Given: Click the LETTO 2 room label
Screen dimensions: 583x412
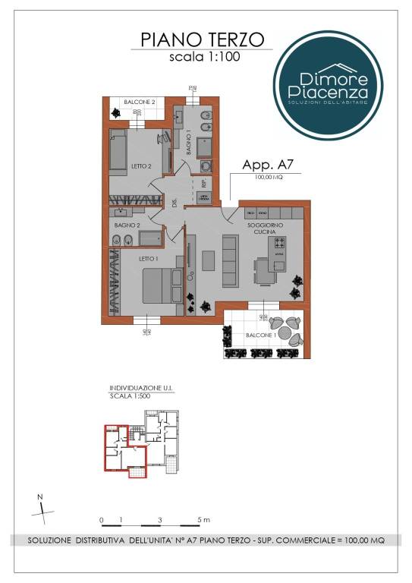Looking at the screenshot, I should point(141,165).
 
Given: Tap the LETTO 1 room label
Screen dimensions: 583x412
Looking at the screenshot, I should point(147,258).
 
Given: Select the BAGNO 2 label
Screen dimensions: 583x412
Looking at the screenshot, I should point(127,225).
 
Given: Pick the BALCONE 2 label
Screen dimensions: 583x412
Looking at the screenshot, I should point(140,102).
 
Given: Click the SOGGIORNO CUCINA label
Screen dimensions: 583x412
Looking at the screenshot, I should point(263,229).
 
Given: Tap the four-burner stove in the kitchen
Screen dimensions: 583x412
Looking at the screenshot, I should point(279,244).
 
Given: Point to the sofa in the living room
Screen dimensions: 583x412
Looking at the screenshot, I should point(230,258).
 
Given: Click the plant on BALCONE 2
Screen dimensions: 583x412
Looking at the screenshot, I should point(115,112).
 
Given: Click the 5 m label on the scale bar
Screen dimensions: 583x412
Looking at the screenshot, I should point(204,520).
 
